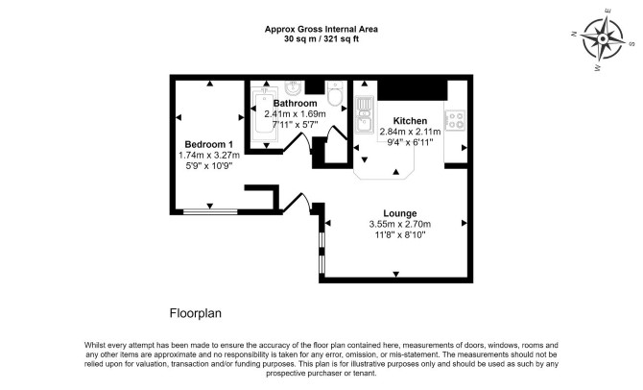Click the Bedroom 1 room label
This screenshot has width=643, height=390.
click(x=208, y=144)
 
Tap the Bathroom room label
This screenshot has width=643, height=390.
click(x=296, y=104)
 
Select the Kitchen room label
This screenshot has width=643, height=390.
click(x=410, y=121)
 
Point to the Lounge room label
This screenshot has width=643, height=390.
click(x=400, y=213)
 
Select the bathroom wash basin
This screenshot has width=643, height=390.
click(x=294, y=87)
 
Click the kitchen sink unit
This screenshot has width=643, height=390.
click(x=364, y=115)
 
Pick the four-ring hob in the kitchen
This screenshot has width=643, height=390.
click(x=455, y=120)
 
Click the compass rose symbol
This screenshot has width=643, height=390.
click(x=603, y=39)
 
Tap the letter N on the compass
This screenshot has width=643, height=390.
click(x=574, y=34)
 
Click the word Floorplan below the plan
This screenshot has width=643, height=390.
click(x=196, y=313)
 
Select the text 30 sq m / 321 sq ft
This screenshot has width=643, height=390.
click(x=321, y=39)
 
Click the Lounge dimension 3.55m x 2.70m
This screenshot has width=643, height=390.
click(x=400, y=224)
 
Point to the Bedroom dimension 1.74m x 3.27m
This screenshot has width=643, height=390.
click(x=209, y=156)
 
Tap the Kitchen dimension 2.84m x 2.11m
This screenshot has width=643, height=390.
click(x=410, y=132)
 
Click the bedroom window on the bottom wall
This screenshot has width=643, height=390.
click(x=210, y=212)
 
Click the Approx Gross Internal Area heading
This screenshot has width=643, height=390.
click(x=321, y=29)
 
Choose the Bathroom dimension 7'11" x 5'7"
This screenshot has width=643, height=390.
click(x=296, y=124)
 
